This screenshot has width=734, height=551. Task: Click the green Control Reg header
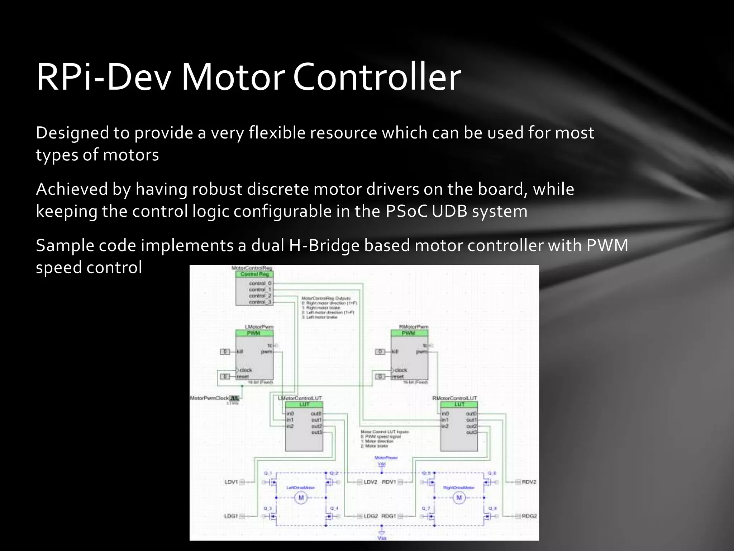[254, 274]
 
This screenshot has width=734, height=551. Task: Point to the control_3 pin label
[260, 302]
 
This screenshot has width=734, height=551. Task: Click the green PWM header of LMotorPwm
[254, 333]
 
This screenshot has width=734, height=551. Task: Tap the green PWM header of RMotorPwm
[409, 333]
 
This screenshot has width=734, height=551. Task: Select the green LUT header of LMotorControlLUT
[304, 404]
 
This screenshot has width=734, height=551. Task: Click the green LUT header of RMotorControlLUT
[459, 404]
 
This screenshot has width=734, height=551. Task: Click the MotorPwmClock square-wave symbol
[234, 398]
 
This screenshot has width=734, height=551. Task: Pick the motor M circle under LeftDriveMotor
[301, 498]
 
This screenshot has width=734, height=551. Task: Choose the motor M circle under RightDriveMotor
[459, 498]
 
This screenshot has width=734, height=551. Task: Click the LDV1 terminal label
[231, 482]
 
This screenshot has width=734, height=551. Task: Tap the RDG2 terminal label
[529, 516]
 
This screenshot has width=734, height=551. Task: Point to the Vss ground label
[382, 538]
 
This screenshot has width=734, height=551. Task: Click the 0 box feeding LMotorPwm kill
[225, 352]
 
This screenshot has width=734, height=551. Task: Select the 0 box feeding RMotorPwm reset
[380, 376]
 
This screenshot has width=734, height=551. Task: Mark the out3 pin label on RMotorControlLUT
[471, 432]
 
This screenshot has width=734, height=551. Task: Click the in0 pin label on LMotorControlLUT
[290, 414]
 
